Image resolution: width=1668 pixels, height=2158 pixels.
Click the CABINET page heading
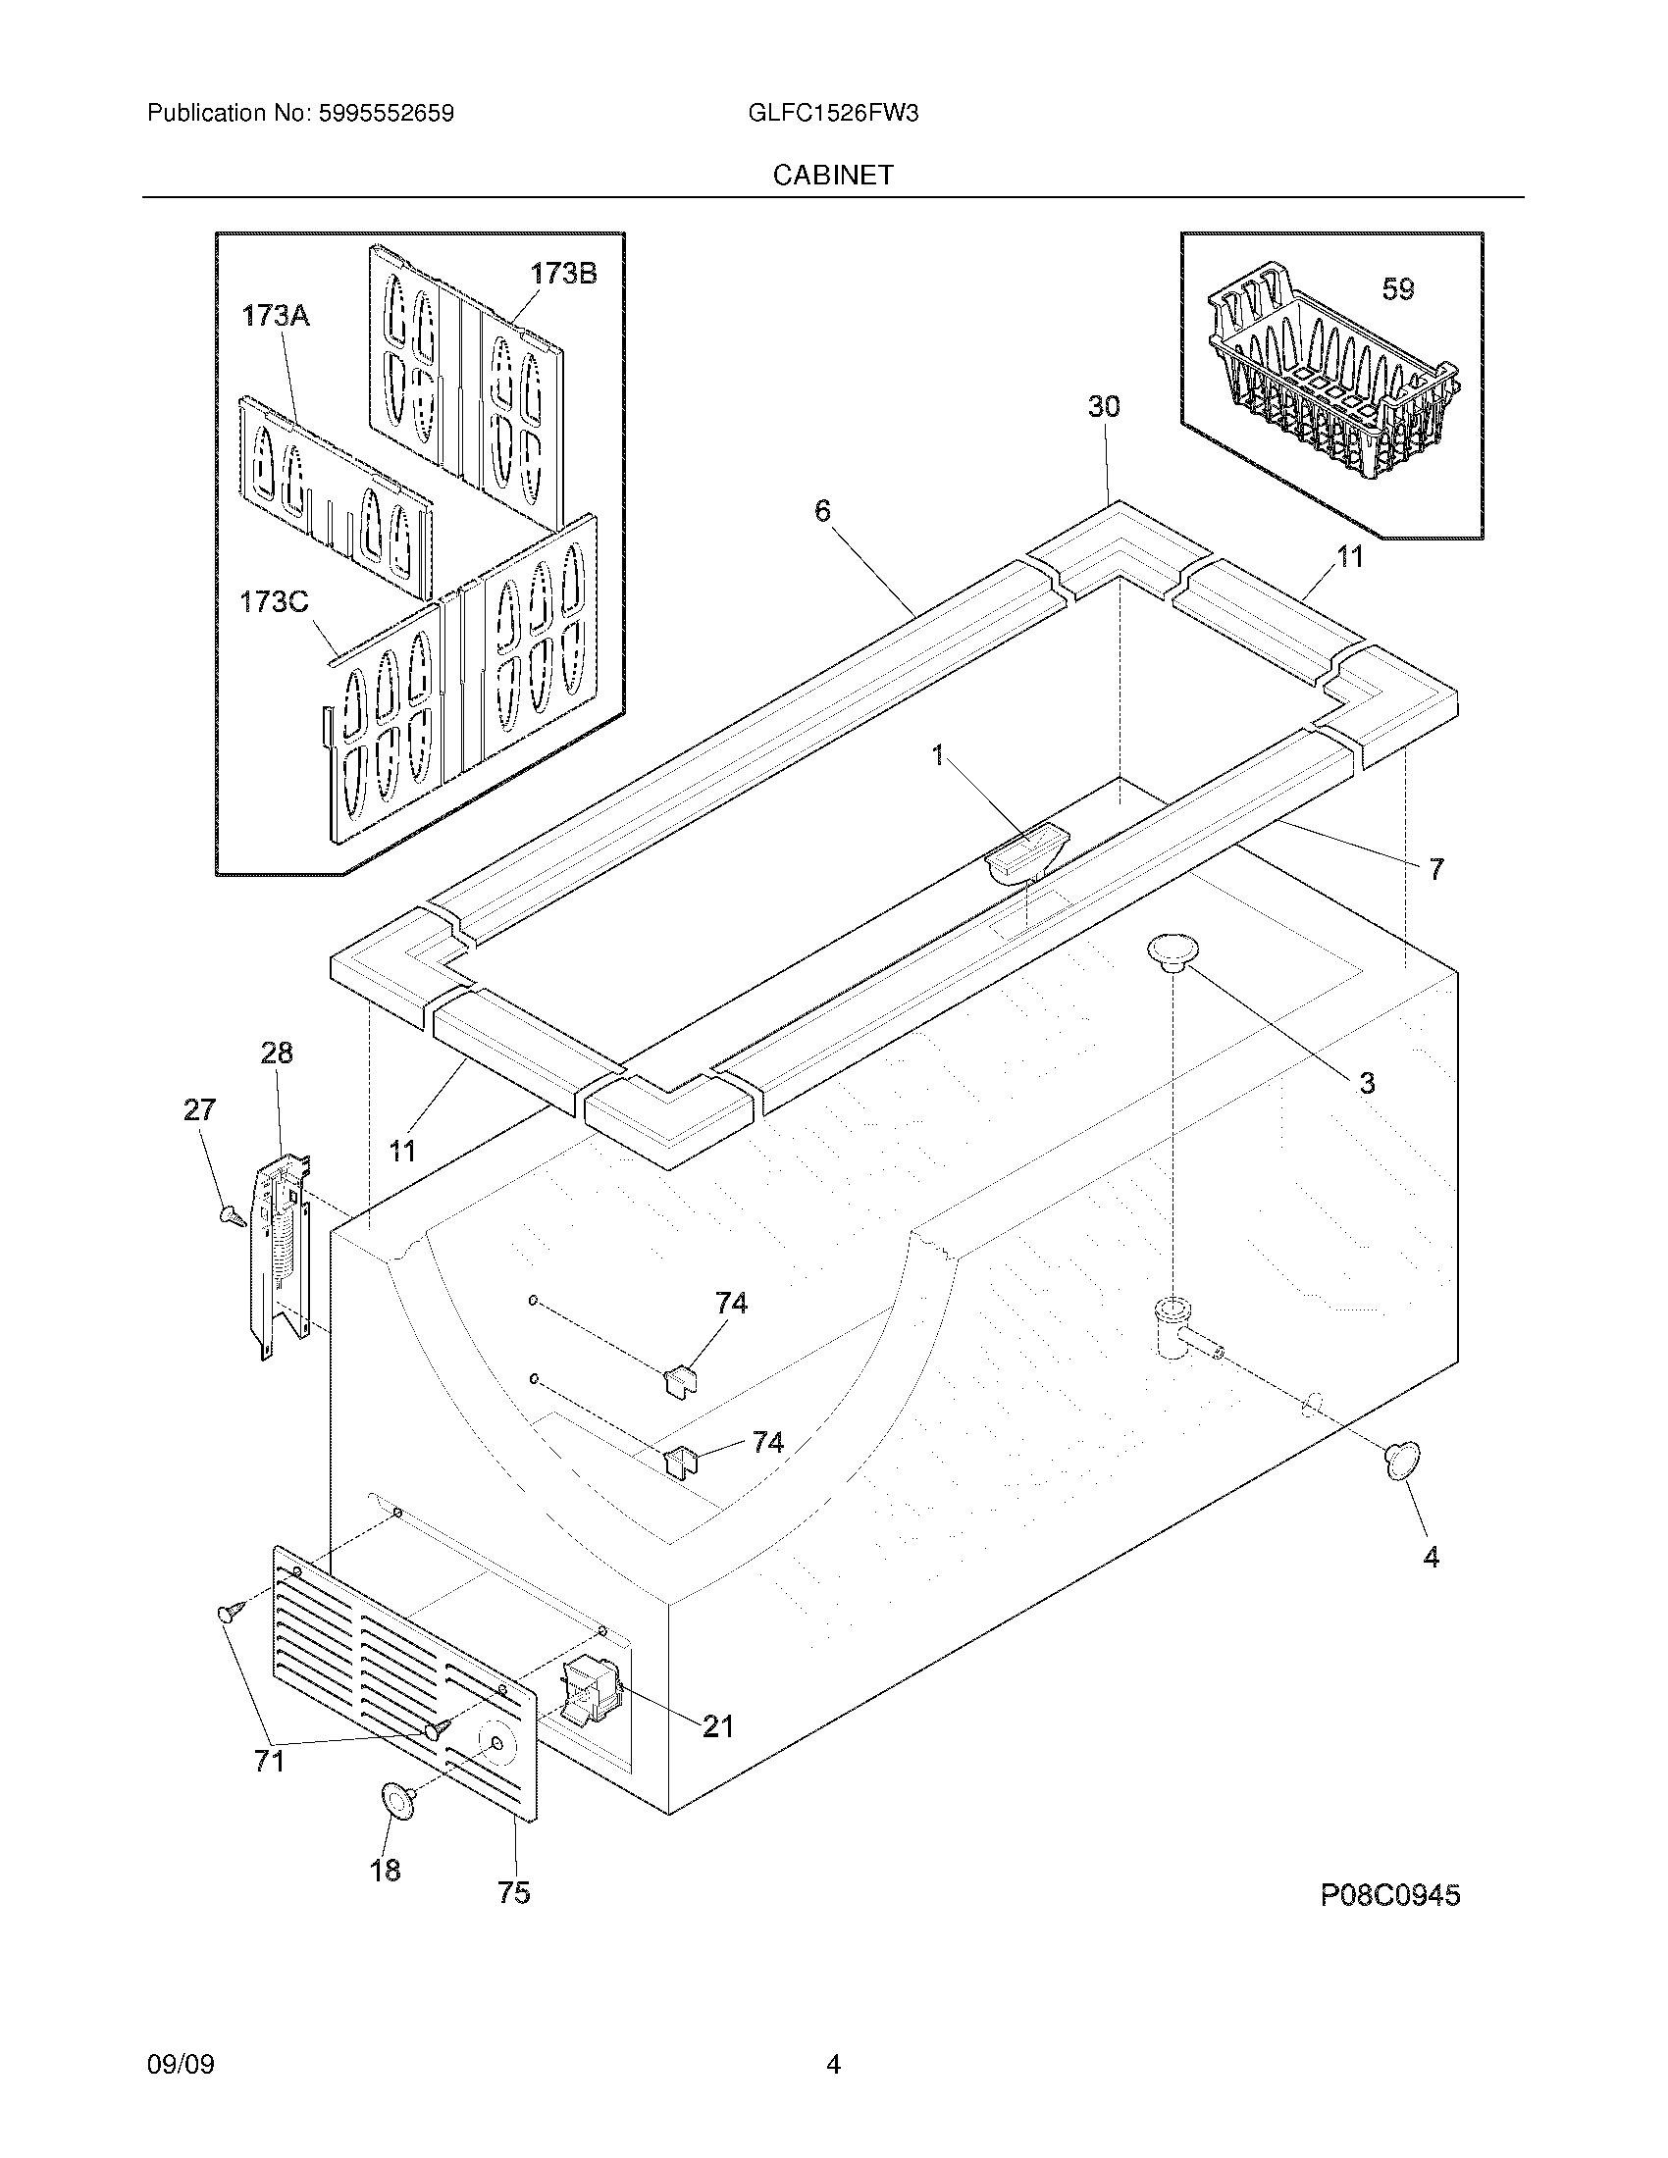833,175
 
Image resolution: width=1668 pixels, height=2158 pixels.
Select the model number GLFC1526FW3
833,114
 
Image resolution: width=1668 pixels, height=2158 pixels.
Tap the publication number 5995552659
387,114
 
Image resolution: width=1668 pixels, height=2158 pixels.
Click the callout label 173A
276,316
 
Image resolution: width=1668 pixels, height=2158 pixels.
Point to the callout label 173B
563,274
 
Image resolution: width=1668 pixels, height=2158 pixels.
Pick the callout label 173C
274,601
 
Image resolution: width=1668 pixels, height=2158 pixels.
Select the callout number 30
1104,406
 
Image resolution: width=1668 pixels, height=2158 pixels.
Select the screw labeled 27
232,1214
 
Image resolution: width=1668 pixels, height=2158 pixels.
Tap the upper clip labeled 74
678,1376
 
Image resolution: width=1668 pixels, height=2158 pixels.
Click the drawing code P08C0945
1389,1895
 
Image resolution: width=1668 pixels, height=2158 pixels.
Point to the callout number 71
269,1761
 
